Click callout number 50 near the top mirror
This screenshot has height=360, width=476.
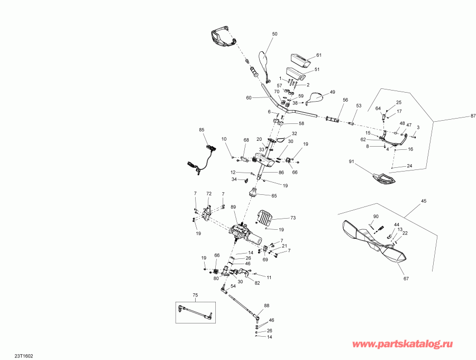[x=274, y=34]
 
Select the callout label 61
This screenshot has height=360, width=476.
[x=318, y=56]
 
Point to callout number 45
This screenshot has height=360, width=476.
[x=423, y=201]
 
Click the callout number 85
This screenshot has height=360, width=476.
[x=202, y=130]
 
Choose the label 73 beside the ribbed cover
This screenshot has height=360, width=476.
[x=293, y=218]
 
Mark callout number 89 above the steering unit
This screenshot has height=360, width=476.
[x=234, y=208]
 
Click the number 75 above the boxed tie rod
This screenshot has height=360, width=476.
[x=195, y=295]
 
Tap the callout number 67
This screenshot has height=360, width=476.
[x=407, y=278]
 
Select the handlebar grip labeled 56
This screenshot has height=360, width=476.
[x=334, y=120]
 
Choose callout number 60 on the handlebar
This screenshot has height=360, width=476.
[x=249, y=98]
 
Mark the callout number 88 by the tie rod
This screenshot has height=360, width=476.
[x=267, y=305]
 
